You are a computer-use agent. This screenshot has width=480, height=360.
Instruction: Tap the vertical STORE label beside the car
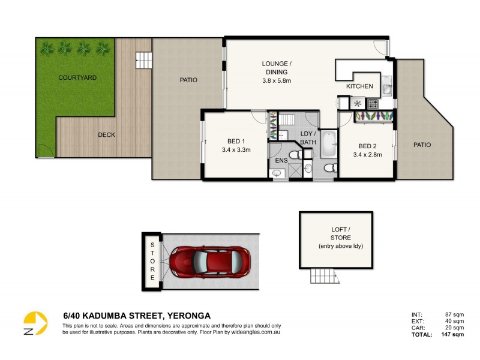pyautogui.click(x=152, y=262)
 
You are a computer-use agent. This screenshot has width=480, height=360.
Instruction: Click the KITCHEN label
pyautogui.click(x=359, y=86)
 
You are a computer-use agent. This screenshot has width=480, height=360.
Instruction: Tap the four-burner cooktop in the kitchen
pyautogui.click(x=372, y=103)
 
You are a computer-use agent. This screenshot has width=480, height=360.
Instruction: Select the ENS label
pyautogui.click(x=281, y=161)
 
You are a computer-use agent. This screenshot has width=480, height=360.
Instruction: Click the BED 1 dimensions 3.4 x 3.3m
pyautogui.click(x=236, y=150)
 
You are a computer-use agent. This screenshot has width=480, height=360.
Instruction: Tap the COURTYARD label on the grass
pyautogui.click(x=77, y=78)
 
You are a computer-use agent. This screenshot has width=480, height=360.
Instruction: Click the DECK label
pyautogui.click(x=106, y=135)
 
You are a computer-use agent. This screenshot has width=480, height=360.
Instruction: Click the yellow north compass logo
pyautogui.click(x=36, y=323)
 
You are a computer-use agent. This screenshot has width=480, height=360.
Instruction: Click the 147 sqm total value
pyautogui.click(x=454, y=335)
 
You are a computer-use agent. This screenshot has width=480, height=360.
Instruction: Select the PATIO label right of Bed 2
pyautogui.click(x=422, y=145)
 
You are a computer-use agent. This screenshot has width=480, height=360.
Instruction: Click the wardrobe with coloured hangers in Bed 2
pyautogui.click(x=374, y=117)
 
